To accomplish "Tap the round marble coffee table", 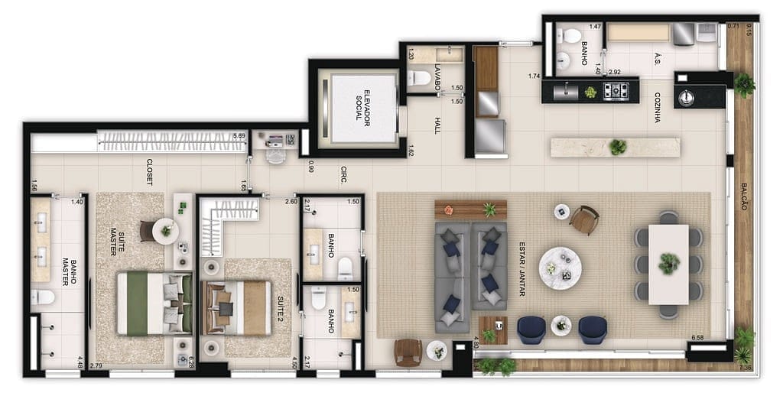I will point(560,268).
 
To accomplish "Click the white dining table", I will point(668,264).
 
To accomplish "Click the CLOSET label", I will point(148,172).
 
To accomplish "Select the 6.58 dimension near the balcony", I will point(697,337).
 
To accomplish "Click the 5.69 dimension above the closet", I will point(239,136).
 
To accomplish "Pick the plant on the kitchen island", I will point(618,146).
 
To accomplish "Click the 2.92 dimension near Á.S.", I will point(614,72).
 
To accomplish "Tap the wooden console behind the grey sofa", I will point(470,209).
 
